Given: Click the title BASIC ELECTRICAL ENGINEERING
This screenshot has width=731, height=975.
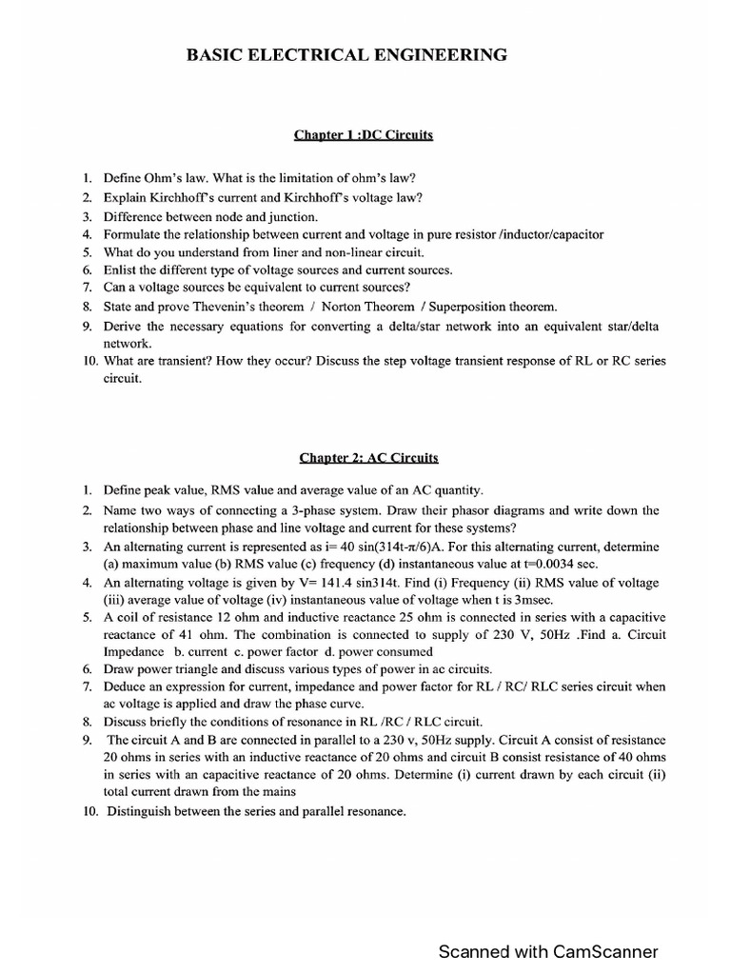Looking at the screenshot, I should (365, 57).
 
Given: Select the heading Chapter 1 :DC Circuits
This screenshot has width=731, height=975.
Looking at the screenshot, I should (364, 135).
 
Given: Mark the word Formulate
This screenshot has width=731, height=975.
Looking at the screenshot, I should (131, 234).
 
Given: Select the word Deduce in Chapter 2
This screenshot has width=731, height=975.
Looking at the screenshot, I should (126, 686).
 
